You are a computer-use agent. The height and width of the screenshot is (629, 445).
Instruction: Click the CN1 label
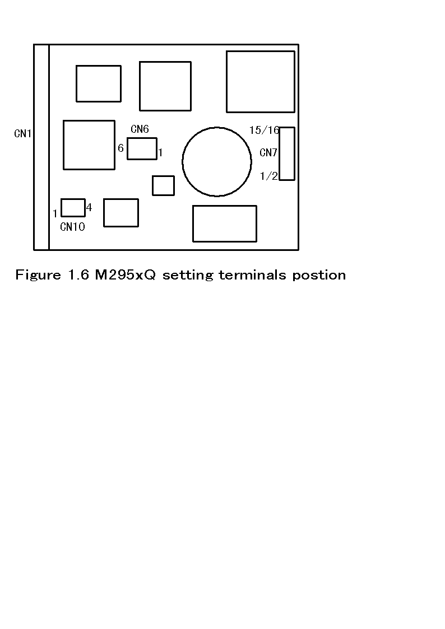[x=23, y=134]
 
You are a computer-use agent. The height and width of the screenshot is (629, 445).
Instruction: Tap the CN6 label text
[x=140, y=129]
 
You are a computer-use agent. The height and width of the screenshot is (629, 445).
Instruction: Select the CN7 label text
[x=268, y=152]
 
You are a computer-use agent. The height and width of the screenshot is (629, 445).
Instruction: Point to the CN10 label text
[x=72, y=227]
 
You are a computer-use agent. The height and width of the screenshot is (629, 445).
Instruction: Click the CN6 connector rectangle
[x=142, y=148]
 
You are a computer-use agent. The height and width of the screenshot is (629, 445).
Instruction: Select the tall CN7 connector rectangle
[x=287, y=153]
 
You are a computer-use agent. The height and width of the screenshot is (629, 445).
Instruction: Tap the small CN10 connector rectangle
[x=73, y=207]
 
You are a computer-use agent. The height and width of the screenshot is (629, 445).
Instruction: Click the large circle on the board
[x=217, y=162]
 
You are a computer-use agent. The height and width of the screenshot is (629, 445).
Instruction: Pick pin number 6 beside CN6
[x=120, y=148]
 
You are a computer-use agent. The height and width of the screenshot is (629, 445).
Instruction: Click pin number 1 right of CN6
[x=160, y=152]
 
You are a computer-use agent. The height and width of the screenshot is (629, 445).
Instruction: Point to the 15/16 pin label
[x=264, y=131]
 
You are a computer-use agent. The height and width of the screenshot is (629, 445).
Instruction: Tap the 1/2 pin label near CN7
[x=268, y=176]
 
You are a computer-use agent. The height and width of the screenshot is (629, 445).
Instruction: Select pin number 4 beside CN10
[x=89, y=207]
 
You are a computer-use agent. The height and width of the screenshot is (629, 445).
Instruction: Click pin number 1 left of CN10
[x=55, y=213]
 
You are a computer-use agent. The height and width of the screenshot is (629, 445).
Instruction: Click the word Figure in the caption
[x=38, y=275]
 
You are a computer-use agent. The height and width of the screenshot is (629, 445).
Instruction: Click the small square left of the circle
[x=163, y=185]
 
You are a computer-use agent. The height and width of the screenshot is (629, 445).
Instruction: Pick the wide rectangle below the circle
[x=225, y=223]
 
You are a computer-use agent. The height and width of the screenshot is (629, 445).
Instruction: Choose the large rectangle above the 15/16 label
[x=261, y=82]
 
